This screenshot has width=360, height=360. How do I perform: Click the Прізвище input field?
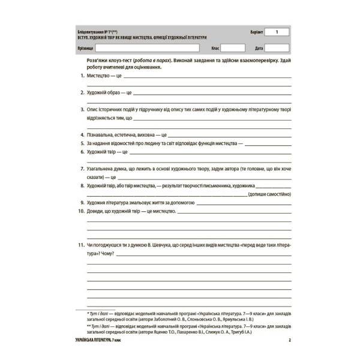point(148,47)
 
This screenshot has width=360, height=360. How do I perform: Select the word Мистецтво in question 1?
point(97,77)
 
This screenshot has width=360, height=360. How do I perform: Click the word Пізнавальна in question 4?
point(101,136)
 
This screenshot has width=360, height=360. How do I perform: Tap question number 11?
point(81,246)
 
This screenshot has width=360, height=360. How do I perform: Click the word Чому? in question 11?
point(109,254)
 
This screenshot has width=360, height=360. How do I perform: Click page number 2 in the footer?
point(289,341)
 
